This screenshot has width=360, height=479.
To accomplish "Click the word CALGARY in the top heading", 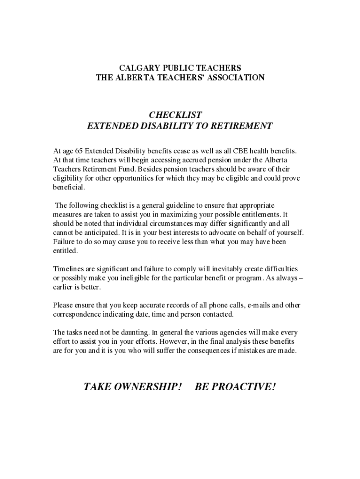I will (137, 68).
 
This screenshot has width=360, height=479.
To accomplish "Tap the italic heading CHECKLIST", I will (175, 115).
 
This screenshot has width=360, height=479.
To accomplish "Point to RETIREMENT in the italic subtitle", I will (242, 126).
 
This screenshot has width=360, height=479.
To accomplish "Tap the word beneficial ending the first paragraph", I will (69, 187).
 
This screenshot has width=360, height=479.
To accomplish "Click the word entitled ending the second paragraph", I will (65, 251).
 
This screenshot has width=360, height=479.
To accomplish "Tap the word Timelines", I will (68, 269).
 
